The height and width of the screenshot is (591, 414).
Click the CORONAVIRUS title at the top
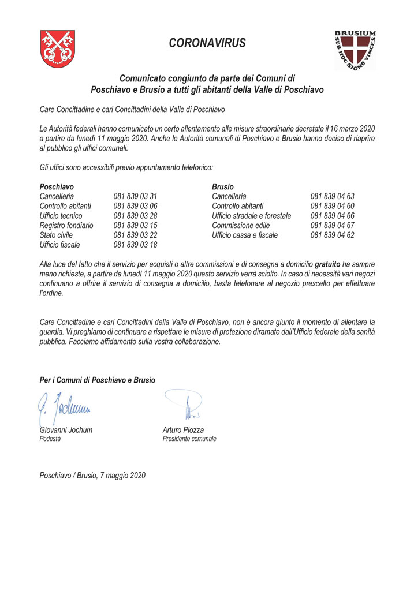(x=207, y=43)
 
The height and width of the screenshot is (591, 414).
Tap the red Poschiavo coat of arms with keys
(x=57, y=49)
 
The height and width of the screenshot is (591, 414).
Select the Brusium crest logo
(x=355, y=50)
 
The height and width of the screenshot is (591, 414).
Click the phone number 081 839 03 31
(x=136, y=197)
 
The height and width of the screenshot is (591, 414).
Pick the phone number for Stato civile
(x=136, y=235)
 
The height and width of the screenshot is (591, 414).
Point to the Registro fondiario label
(x=66, y=225)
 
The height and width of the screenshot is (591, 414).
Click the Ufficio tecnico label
(x=61, y=216)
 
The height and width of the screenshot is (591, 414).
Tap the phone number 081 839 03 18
(x=136, y=245)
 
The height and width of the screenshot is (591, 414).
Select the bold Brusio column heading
(x=223, y=187)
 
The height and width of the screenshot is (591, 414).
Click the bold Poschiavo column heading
(x=56, y=187)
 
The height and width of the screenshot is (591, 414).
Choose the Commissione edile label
(x=243, y=225)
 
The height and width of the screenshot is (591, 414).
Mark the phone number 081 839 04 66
(x=332, y=216)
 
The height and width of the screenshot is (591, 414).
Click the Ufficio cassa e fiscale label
(x=245, y=235)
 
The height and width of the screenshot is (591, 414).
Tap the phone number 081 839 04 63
(x=332, y=197)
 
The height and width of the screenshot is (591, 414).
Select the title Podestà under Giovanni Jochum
(x=50, y=439)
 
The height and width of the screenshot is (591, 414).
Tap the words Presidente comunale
(x=189, y=439)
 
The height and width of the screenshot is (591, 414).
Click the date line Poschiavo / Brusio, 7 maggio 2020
(x=92, y=476)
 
